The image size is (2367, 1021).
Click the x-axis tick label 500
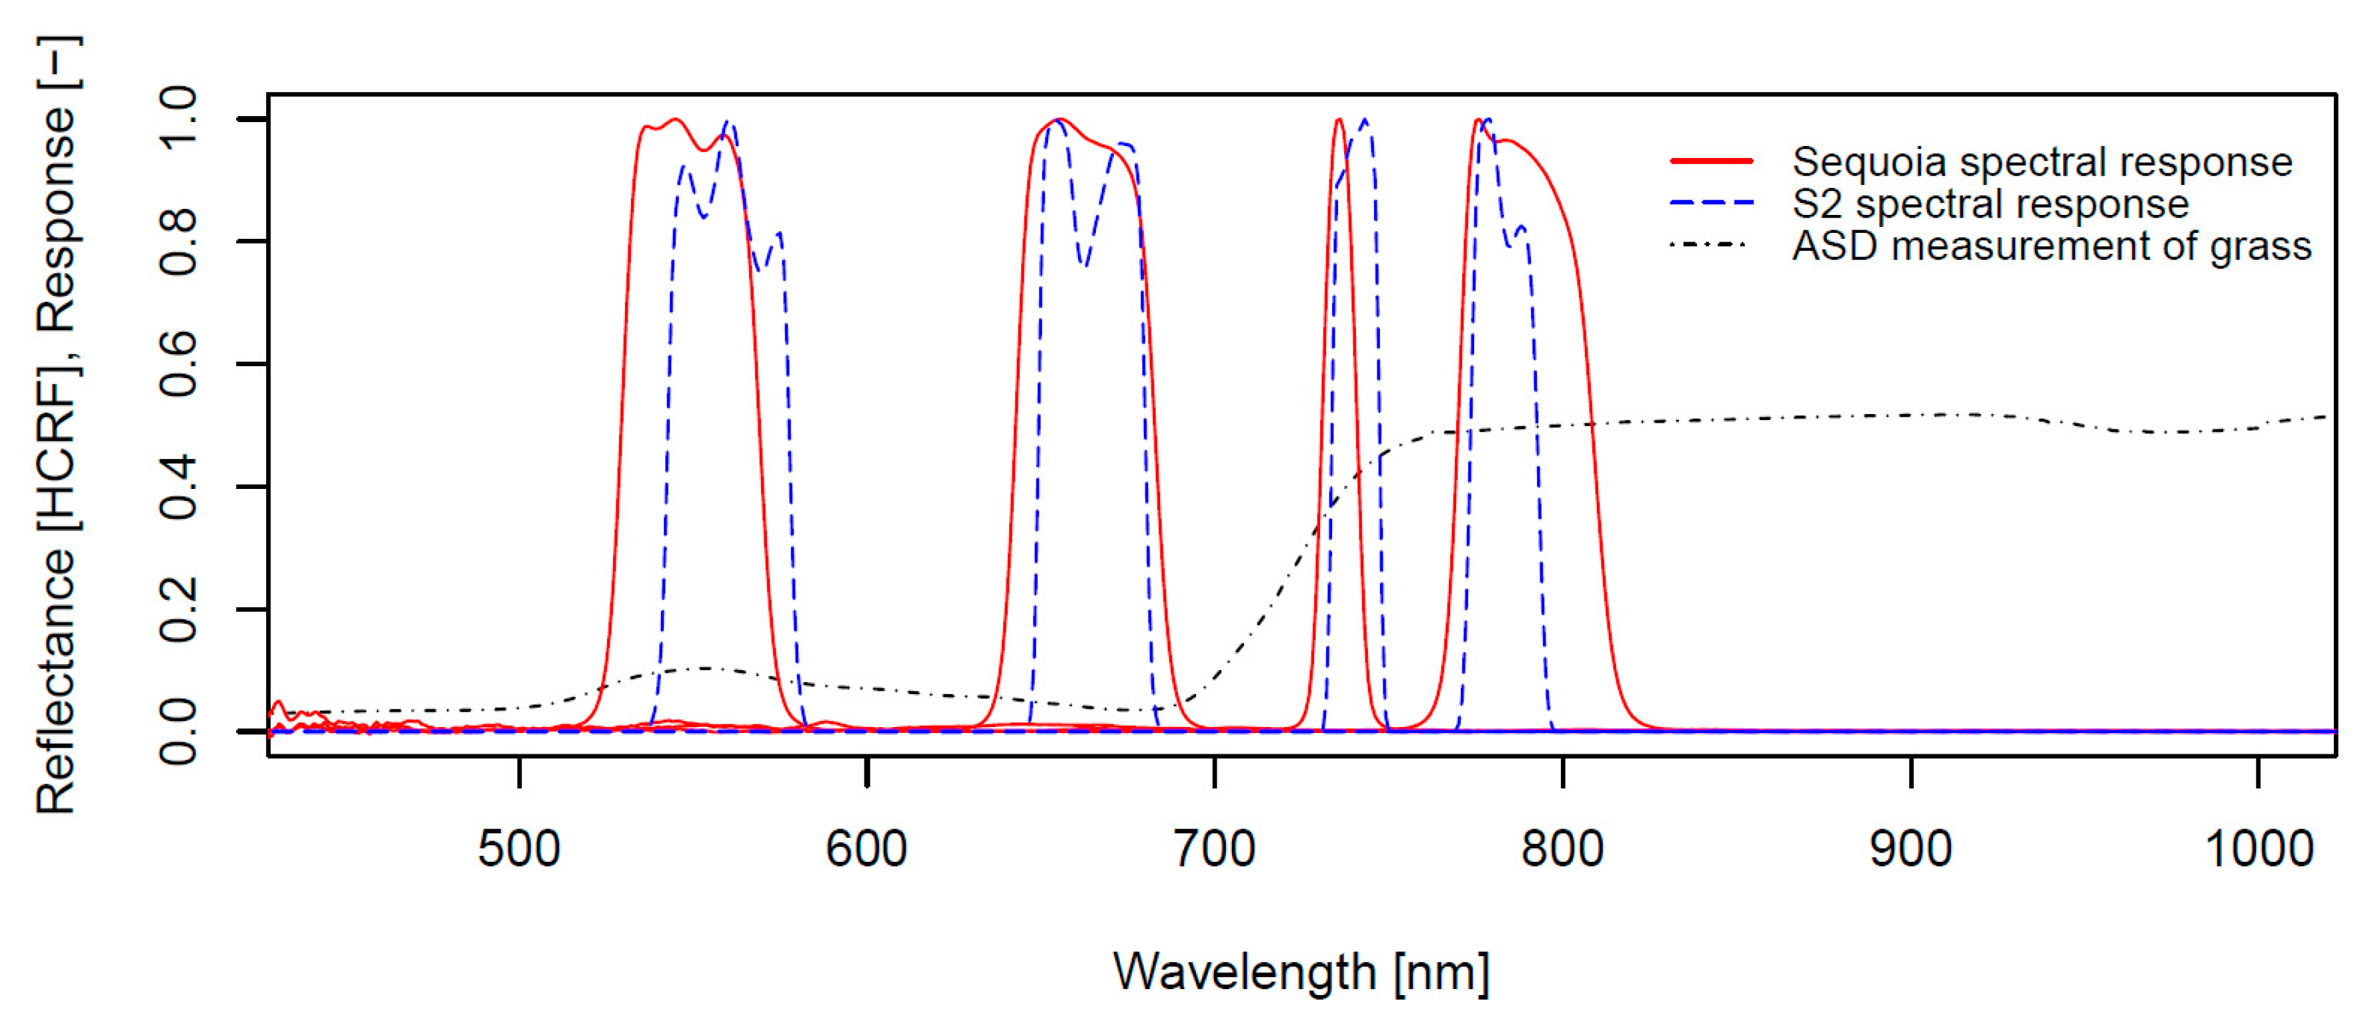point(519,849)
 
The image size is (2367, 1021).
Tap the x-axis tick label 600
point(866,849)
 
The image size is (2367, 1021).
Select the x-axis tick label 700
point(1215,849)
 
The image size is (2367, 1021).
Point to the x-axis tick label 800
point(1562,849)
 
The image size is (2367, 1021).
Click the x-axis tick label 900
point(1911,849)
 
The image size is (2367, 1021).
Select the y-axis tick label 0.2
point(178,608)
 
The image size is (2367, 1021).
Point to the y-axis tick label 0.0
point(178,732)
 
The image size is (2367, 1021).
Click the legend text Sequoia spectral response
point(2042,163)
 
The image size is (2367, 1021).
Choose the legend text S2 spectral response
point(1990,204)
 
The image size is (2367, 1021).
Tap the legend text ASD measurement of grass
point(2051,246)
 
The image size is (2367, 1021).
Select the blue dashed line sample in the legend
point(1711,202)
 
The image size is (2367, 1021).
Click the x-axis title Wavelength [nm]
point(1300,973)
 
